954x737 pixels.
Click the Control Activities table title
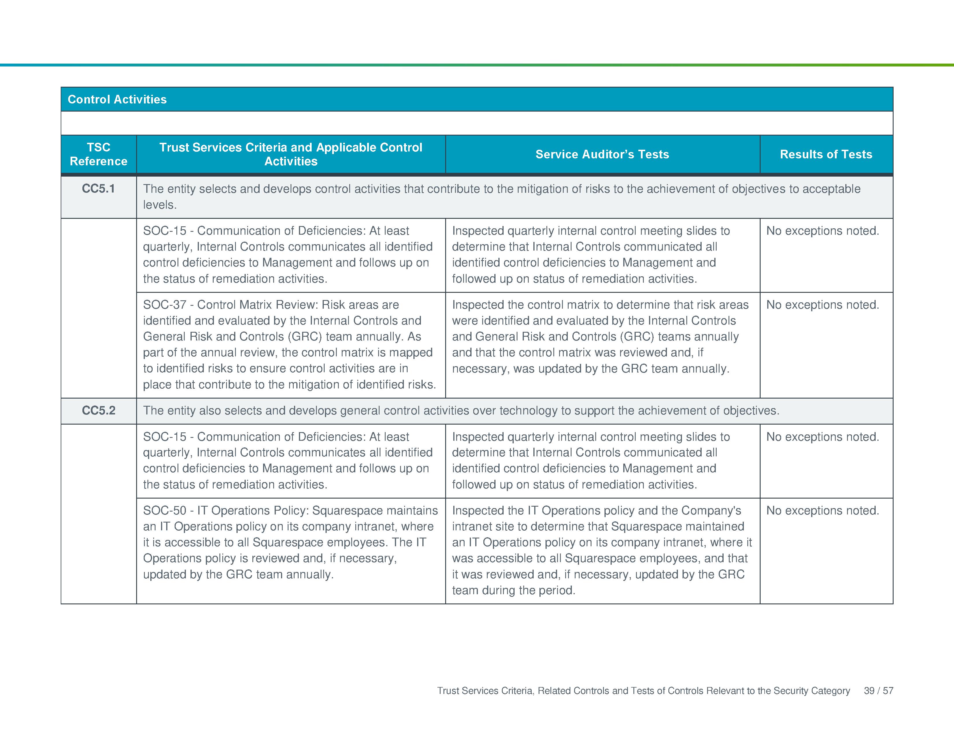[x=117, y=99]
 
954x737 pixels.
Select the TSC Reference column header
[x=99, y=154]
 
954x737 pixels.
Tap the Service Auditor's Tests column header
[x=602, y=154]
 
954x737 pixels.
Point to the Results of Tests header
[x=826, y=154]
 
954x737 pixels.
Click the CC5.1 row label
[x=99, y=189]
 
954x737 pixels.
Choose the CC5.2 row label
[x=99, y=410]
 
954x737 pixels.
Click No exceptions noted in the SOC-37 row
[x=822, y=305]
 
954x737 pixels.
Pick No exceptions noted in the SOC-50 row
[x=822, y=510]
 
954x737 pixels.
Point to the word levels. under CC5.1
[x=160, y=205]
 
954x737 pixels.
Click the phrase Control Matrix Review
[x=257, y=305]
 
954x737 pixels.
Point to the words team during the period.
[x=513, y=590]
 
